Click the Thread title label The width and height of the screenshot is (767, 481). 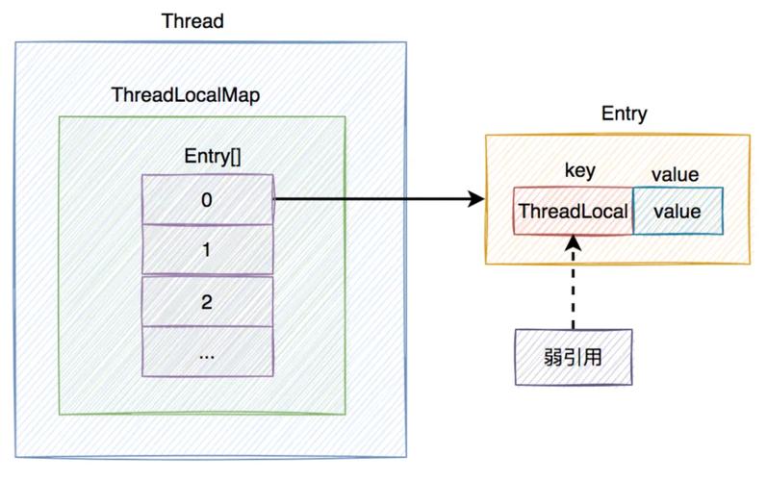pos(192,20)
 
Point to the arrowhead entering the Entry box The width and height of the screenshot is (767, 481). pos(474,199)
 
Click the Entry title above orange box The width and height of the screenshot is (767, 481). pos(624,114)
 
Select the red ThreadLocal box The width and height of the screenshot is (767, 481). pos(573,212)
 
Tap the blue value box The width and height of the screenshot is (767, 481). pos(677,212)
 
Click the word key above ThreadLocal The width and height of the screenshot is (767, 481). pos(578,171)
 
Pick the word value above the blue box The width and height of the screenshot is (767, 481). pos(675,175)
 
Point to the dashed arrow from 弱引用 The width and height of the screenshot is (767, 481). pos(573,289)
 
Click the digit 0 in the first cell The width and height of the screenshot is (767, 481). pos(207,199)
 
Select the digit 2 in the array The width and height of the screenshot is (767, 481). pos(207,301)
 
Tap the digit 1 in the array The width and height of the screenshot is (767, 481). pos(207,249)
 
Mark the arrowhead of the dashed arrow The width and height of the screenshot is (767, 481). pos(573,243)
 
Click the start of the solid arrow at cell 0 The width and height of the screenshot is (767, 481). pos(277,199)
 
